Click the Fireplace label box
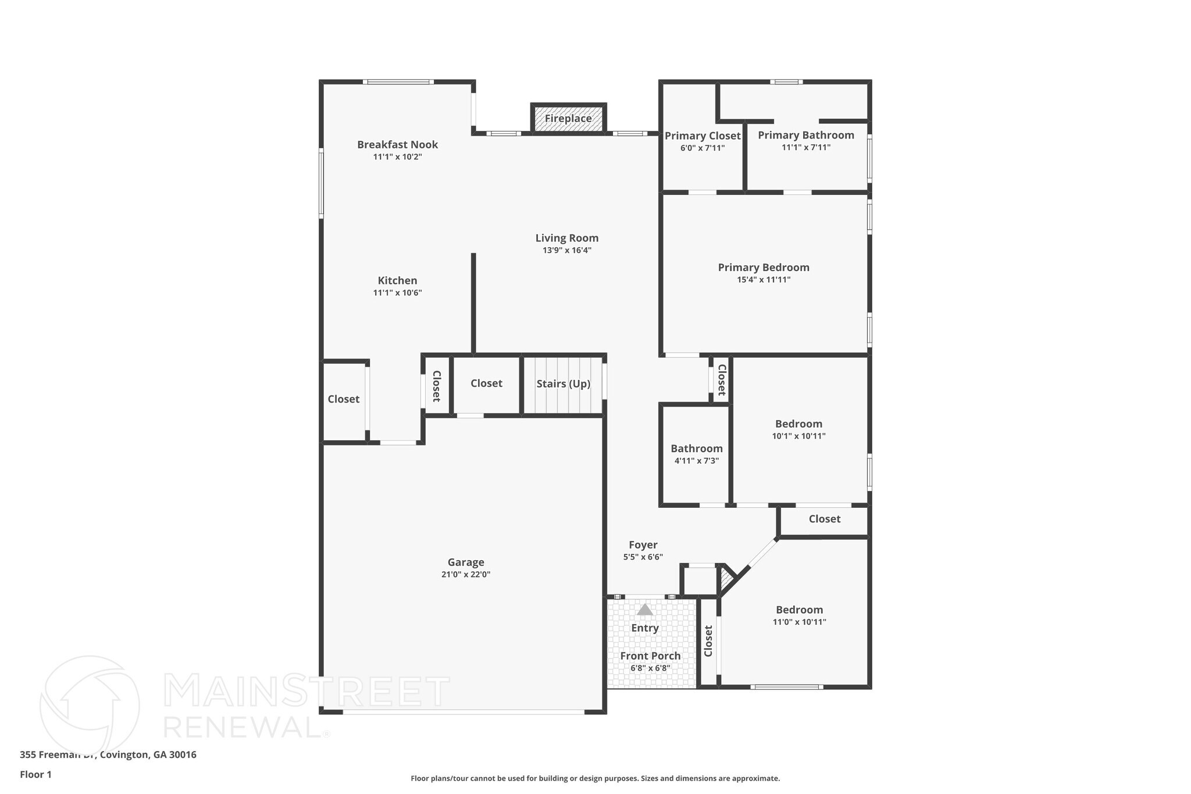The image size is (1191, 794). (x=568, y=119)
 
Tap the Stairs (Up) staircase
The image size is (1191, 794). (x=563, y=384)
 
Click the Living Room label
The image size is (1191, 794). (x=567, y=238)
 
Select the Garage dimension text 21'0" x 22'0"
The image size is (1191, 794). (x=466, y=575)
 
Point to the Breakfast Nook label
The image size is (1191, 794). (x=397, y=144)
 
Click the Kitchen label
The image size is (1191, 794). (x=397, y=280)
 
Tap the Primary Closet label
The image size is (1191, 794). (x=703, y=136)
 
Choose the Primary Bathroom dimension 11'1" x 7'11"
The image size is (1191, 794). (x=806, y=148)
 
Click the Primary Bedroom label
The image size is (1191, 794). (x=764, y=268)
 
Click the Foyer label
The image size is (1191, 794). (x=643, y=545)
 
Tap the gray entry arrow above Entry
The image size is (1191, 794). (x=645, y=610)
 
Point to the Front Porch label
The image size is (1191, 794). (x=650, y=656)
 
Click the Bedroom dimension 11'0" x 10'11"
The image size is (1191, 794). (x=800, y=622)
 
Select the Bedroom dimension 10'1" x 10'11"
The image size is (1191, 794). (x=799, y=436)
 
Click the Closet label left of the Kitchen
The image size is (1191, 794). (x=344, y=399)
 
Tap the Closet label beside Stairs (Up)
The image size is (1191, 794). (x=486, y=383)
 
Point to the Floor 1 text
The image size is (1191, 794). (x=36, y=775)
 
